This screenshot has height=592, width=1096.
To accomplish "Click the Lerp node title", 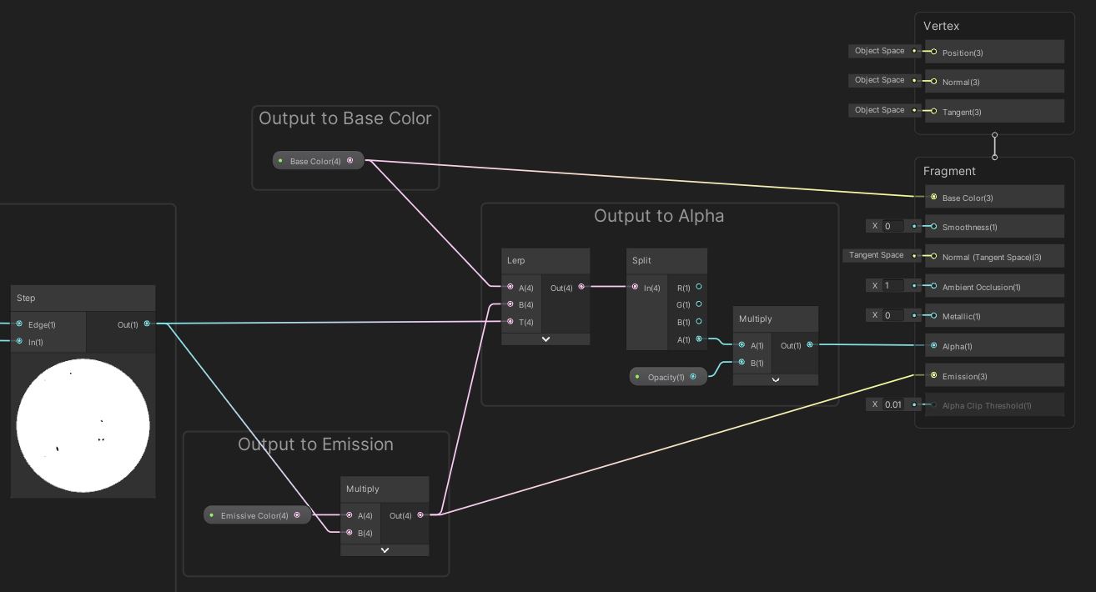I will pos(516,261).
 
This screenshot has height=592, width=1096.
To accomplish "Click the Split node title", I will pos(641,261).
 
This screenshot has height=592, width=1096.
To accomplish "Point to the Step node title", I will pos(26,299).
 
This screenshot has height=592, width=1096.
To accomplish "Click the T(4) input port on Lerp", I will pos(510,322).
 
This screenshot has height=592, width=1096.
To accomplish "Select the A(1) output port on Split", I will pos(699,339).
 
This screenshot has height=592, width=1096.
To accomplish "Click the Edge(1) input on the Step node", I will pos(19,324).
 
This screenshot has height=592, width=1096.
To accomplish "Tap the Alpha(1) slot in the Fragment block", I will pos(957,346).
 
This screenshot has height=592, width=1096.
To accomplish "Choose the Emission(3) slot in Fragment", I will pos(964,376).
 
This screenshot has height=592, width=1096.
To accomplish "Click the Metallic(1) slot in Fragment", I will pos(961,316).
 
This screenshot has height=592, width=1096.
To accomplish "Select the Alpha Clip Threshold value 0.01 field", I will pos(893,404).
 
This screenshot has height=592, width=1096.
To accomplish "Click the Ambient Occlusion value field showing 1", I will pos(893,285).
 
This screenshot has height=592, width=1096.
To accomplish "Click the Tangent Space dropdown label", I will pos(876,255).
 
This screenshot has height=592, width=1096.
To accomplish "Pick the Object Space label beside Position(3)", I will pos(879,51).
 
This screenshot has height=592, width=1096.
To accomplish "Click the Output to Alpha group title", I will pos(659,216).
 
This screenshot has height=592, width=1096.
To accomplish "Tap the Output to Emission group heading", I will pos(315,444).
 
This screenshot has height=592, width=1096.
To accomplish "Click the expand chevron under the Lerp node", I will pos(545,339).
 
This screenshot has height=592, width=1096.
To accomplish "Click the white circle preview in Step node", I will pos(83,425).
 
